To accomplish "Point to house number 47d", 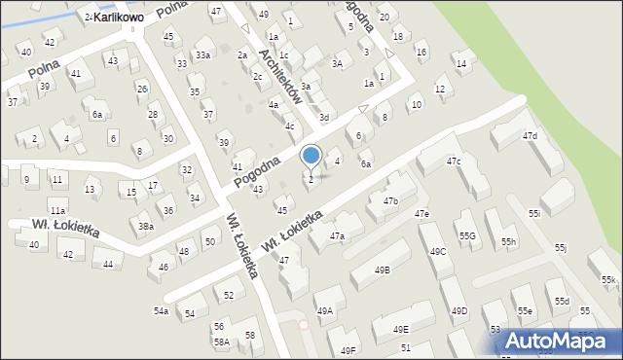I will coord(529,136).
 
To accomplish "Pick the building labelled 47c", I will coord(454,161).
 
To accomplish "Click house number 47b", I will coord(390,200).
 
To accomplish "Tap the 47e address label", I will coord(421,213).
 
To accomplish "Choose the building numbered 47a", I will coord(337,235).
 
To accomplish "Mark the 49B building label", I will coord(383,270).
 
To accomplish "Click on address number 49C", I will coord(437,251).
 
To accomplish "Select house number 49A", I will coord(324,310).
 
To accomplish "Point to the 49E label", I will coord(401,330).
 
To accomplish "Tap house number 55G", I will coord(467,236).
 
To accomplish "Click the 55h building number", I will coord(509,241).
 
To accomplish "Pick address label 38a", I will coord(145,227).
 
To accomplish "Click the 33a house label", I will coord(202,55).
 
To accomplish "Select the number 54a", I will coord(161,310).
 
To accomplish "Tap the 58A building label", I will coord(222,342).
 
